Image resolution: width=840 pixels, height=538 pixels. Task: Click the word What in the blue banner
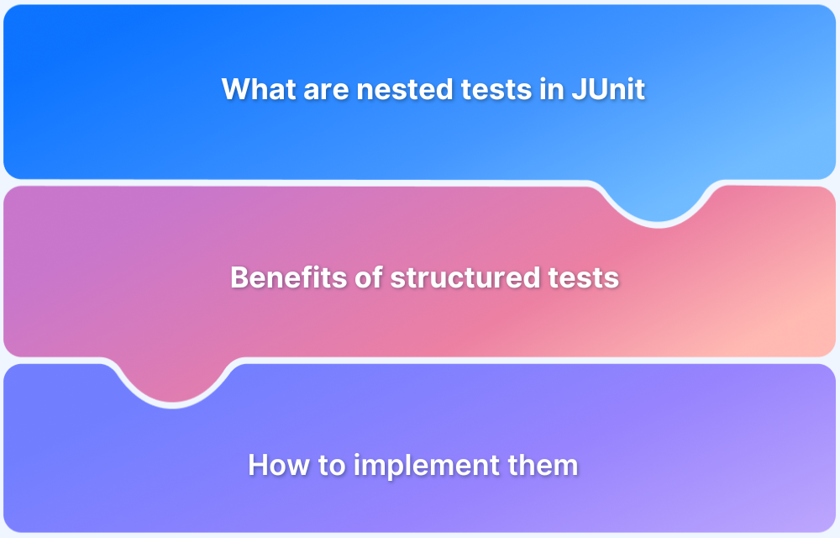pyautogui.click(x=255, y=89)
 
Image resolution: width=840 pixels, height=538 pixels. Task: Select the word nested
pyautogui.click(x=393, y=89)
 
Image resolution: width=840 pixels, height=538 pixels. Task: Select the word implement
pyautogui.click(x=425, y=465)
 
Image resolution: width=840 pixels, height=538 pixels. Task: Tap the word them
pyautogui.click(x=546, y=465)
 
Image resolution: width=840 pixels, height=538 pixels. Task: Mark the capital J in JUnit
pyautogui.click(x=577, y=89)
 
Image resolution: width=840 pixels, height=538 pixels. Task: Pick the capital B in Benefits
pyautogui.click(x=239, y=277)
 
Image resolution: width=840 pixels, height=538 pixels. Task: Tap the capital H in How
pyautogui.click(x=257, y=465)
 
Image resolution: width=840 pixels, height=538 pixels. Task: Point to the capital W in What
pyautogui.click(x=236, y=89)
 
